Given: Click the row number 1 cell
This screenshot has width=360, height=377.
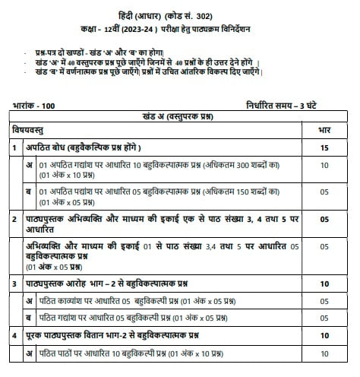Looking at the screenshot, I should coord(15,147).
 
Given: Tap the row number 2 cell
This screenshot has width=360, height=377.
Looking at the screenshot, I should coord(15,219).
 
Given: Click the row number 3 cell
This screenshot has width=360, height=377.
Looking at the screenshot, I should coord(15,284).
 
